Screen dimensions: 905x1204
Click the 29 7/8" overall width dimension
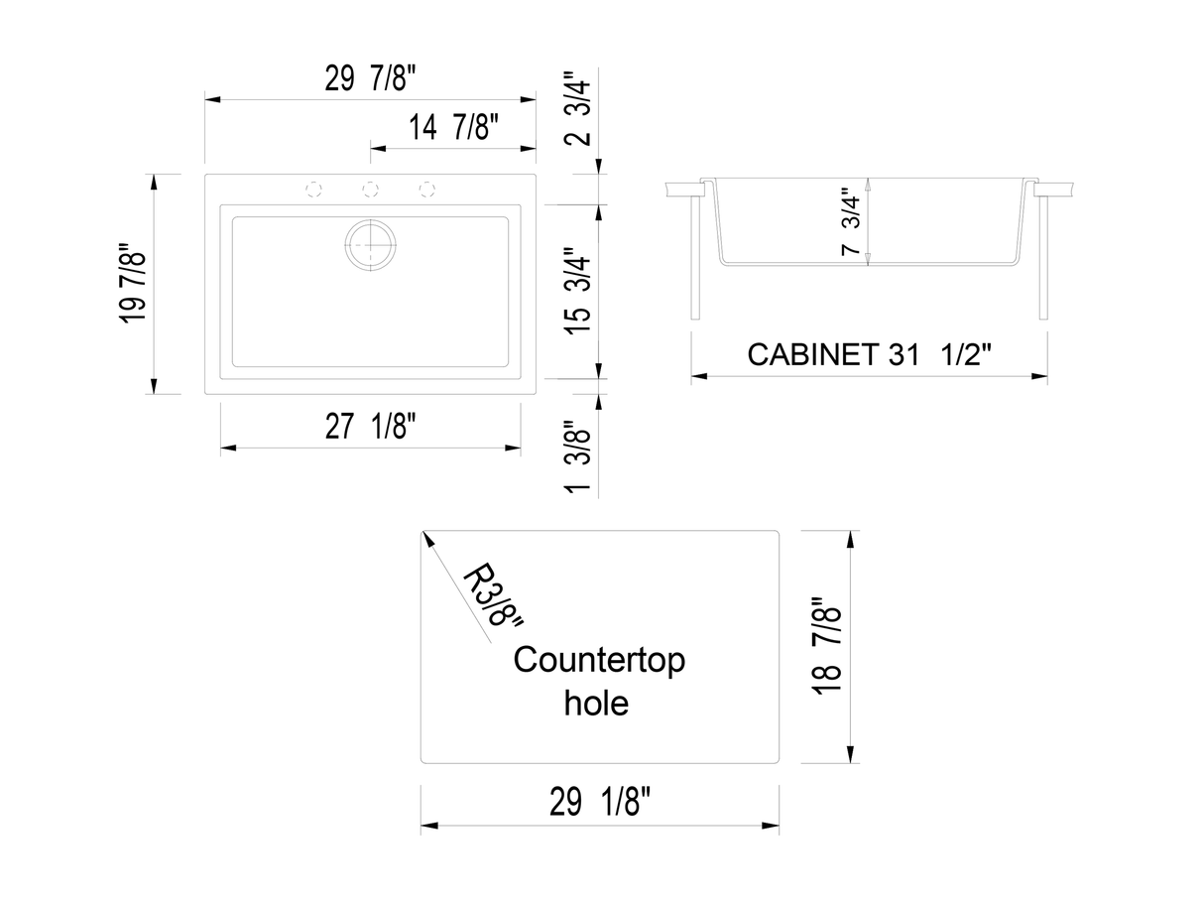[371, 79]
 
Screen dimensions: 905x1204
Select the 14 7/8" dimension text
[452, 128]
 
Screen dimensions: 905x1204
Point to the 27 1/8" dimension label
[371, 427]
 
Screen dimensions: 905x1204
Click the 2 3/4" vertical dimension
[579, 107]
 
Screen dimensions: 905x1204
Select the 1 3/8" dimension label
[579, 458]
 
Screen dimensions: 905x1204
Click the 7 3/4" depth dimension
[850, 223]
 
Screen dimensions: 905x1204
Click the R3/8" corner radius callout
[492, 596]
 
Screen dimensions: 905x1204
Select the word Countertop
[599, 660]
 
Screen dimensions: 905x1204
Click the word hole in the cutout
[596, 703]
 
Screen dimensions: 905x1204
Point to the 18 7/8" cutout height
[826, 646]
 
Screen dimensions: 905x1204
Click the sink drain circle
[370, 243]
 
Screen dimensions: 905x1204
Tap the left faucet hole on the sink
[313, 188]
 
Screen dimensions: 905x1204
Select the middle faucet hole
[370, 188]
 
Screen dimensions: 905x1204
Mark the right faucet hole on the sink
[427, 188]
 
